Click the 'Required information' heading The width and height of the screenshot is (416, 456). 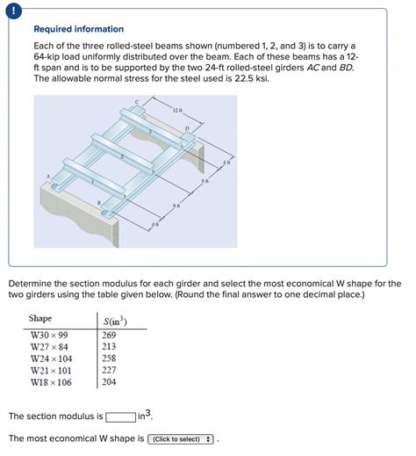[x=78, y=29]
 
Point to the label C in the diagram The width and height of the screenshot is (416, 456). [x=137, y=103]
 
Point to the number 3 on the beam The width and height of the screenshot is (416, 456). [x=150, y=132]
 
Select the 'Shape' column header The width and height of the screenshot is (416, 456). [x=40, y=318]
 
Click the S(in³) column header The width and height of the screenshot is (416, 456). [x=114, y=320]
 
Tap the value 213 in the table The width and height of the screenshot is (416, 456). [x=110, y=346]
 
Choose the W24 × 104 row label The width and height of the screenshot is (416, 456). [x=51, y=358]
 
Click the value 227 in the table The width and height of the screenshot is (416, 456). [x=110, y=370]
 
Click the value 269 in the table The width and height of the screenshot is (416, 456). [x=110, y=335]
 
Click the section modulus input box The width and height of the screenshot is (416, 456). [x=119, y=416]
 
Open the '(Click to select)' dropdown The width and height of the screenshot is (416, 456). [x=182, y=438]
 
